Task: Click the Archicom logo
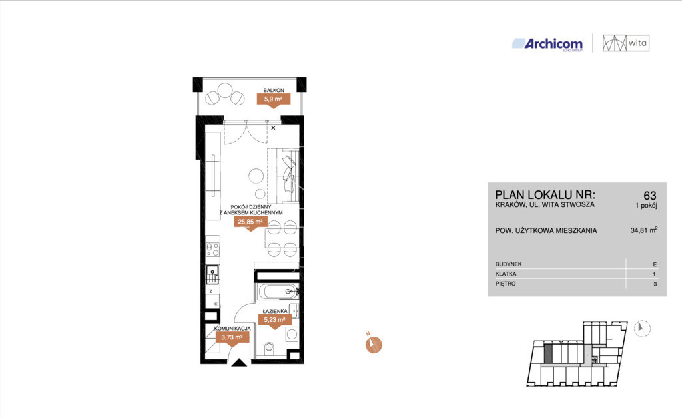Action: coord(547,44)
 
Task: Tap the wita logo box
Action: coord(626,43)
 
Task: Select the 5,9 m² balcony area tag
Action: coord(273,99)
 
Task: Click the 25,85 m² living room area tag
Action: coord(250,222)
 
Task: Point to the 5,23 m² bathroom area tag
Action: coord(274,321)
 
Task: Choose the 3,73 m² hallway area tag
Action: coord(232,337)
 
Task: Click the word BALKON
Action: coord(274,91)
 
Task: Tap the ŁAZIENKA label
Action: coord(275,311)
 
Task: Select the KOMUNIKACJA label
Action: coord(232,329)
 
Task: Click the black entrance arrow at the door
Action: coord(239,363)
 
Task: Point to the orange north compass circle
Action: coord(373,345)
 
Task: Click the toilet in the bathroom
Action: coord(269,347)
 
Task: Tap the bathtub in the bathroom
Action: coord(278,292)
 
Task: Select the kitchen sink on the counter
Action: coord(212,274)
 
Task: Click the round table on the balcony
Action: coord(225,91)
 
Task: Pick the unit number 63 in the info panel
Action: coord(650,196)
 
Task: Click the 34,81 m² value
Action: coord(644,230)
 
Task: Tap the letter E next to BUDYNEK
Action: coord(655,264)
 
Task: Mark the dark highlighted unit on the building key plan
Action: coord(548,355)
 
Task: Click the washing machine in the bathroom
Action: coord(292,335)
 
